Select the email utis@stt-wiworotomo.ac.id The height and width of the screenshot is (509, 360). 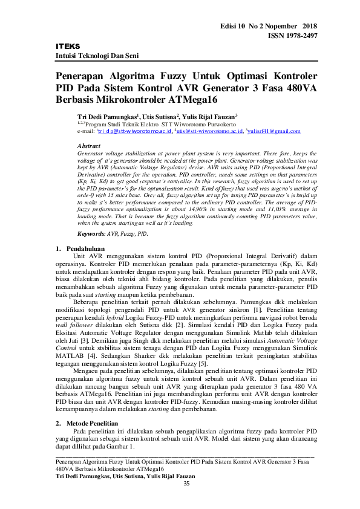tap(209, 131)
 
